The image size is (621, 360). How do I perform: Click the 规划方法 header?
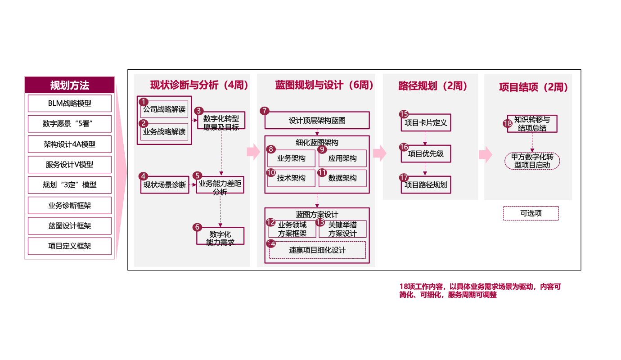(70, 85)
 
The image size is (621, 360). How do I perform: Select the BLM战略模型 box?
(70, 103)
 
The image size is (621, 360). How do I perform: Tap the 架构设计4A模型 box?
(70, 144)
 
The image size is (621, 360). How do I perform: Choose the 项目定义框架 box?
(70, 246)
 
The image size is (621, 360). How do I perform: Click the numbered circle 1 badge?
(143, 102)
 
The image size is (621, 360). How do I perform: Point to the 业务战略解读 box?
(164, 132)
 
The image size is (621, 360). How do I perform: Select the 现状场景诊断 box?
(165, 185)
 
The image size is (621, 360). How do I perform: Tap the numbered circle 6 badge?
(197, 227)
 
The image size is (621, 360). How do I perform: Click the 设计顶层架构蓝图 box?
(317, 121)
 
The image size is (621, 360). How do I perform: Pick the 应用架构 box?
(342, 158)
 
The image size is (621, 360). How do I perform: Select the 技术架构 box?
(291, 178)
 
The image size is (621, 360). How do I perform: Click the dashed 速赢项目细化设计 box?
(317, 250)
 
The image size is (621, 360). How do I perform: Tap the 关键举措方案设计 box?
(342, 229)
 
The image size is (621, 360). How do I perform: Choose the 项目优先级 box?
(426, 154)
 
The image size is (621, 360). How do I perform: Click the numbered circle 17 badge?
(404, 177)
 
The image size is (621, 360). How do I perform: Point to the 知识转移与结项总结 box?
(532, 124)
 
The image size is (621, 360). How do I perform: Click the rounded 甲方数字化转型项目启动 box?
(532, 161)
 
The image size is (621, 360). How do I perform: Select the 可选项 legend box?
(531, 213)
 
